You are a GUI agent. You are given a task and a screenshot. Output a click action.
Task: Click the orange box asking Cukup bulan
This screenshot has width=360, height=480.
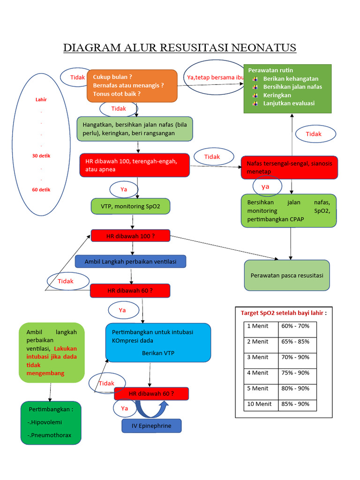[132, 86]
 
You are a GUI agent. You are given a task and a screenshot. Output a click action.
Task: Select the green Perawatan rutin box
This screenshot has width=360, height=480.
[287, 89]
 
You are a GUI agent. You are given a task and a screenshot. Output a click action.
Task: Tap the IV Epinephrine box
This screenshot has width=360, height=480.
[151, 426]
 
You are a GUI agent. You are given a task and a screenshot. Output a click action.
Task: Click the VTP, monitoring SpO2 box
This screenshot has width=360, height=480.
[130, 206]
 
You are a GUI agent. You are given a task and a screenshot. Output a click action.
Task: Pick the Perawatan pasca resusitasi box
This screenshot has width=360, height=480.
[287, 276]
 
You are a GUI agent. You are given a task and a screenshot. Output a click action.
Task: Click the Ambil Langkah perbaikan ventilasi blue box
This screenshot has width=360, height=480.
[130, 262]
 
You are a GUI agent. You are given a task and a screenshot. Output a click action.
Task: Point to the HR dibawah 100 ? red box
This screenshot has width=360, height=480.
[130, 236]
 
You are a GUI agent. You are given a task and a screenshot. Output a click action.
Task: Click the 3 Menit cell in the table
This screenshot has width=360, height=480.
[261, 357]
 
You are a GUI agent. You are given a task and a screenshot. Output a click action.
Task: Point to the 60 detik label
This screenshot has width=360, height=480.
[41, 190]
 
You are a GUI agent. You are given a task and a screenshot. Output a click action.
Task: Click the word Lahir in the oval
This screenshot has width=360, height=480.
[41, 99]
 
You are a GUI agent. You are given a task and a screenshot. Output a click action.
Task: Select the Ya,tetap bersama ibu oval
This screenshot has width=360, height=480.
[214, 77]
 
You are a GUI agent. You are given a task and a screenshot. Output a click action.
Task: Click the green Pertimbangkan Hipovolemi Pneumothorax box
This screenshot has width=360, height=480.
[51, 422]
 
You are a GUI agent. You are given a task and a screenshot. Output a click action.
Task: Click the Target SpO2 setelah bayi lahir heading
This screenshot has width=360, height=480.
[283, 313]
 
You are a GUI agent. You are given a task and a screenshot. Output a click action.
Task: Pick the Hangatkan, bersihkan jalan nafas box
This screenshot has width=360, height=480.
[135, 129]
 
